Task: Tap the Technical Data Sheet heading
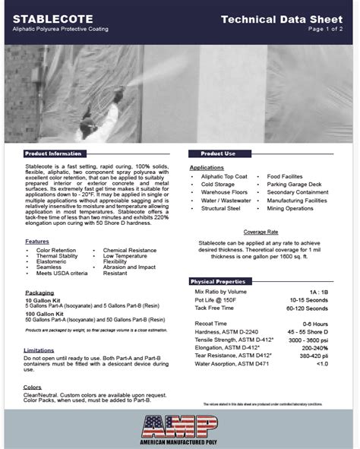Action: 286,18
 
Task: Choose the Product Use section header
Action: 218,153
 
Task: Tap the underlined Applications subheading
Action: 207,167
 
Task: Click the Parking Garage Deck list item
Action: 294,184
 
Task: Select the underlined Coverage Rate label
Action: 261,231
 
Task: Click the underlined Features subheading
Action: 36,241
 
